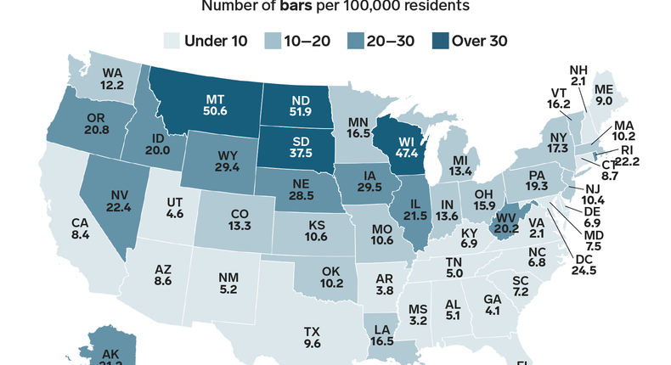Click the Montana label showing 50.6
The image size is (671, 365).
coord(213,108)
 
